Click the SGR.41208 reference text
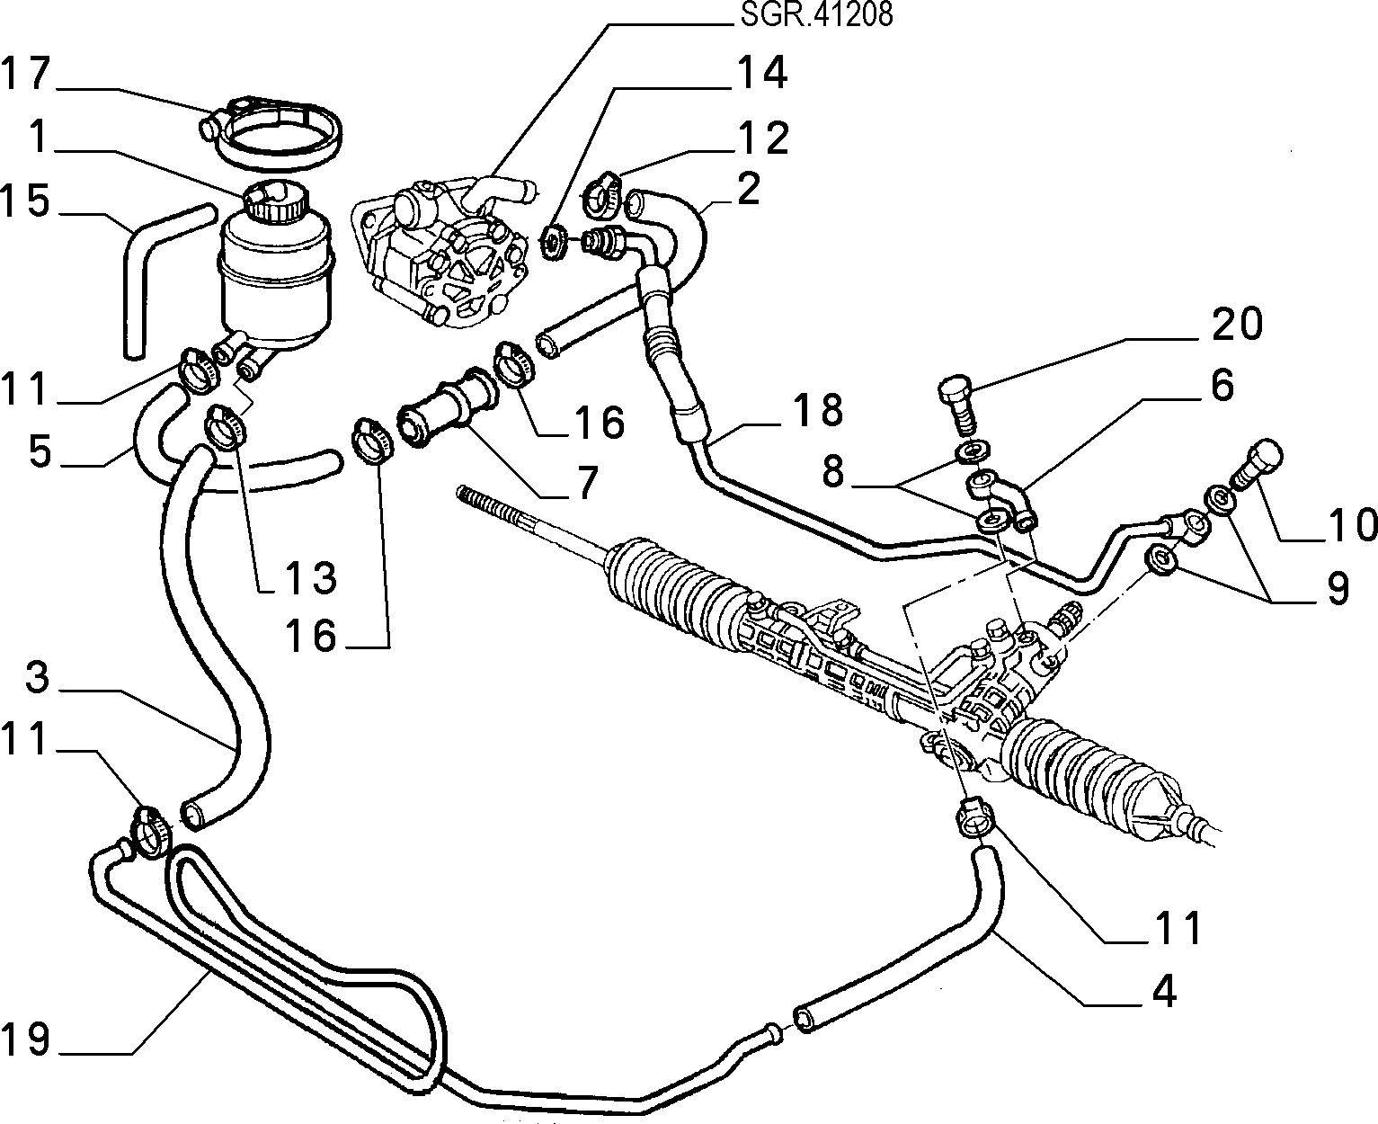816,14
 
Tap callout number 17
26,73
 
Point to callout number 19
25,1039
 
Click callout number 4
1164,991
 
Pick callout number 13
311,576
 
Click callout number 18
817,410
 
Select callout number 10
1351,524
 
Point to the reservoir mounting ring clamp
271,136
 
